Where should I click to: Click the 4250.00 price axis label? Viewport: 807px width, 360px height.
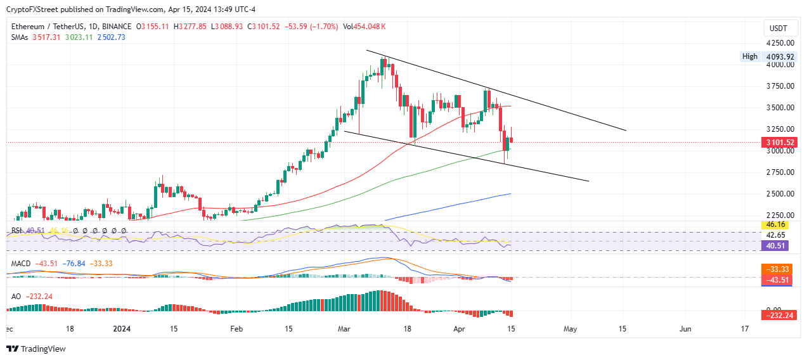pyautogui.click(x=780, y=43)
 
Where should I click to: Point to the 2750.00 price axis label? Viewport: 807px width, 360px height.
pyautogui.click(x=780, y=172)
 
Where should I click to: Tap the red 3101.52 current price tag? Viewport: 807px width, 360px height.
pyautogui.click(x=780, y=143)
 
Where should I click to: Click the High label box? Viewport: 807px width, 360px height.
pyautogui.click(x=749, y=56)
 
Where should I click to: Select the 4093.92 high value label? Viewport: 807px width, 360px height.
pyautogui.click(x=780, y=56)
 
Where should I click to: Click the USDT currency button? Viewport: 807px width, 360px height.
pyautogui.click(x=778, y=29)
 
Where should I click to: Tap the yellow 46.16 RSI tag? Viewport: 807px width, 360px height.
pyautogui.click(x=775, y=224)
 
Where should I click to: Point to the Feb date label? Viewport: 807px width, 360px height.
pyautogui.click(x=236, y=329)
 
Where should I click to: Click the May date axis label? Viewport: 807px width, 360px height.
pyautogui.click(x=570, y=329)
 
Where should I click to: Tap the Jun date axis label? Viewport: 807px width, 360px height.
pyautogui.click(x=685, y=329)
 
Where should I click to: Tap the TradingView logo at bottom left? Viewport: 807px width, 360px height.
pyautogui.click(x=36, y=349)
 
